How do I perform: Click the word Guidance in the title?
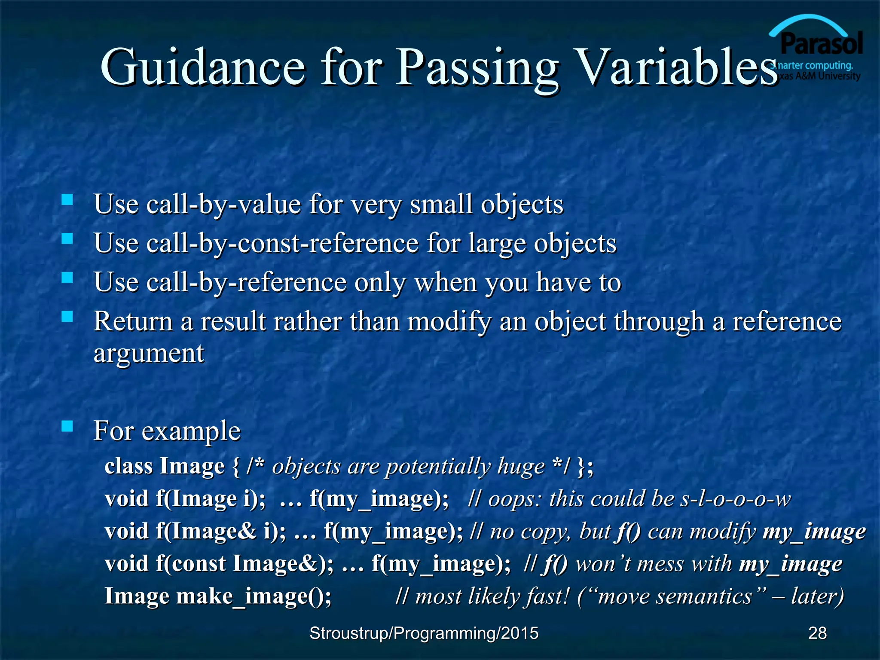pos(202,67)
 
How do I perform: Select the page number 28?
pos(817,633)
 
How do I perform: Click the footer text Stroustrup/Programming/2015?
pos(424,633)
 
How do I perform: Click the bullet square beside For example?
pos(67,426)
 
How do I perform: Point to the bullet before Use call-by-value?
pos(67,199)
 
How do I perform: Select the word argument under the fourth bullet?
pos(149,354)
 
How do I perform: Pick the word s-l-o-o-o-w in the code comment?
pos(735,499)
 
